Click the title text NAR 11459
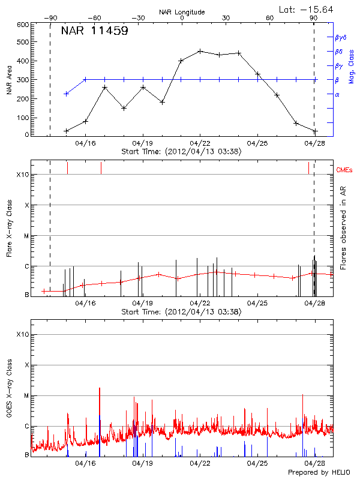click(94, 32)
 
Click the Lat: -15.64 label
click(307, 9)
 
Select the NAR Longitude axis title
click(182, 12)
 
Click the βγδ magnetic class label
click(341, 37)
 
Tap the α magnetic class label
click(337, 94)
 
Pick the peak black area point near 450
click(200, 51)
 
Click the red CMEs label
click(345, 170)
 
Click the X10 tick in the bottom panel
click(22, 334)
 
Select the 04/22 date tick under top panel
click(200, 143)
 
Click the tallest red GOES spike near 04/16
click(100, 389)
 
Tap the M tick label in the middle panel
click(26, 236)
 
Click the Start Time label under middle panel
click(181, 312)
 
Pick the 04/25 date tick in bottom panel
click(257, 463)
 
